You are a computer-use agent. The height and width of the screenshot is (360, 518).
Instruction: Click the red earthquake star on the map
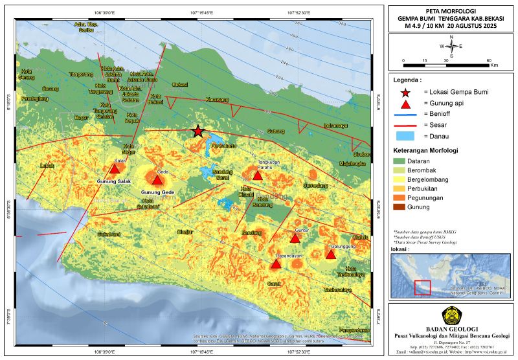click(x=197, y=131)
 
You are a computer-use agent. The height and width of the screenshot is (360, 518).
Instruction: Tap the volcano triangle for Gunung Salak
click(x=114, y=170)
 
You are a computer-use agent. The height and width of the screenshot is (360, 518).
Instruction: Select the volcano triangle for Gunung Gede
click(x=157, y=179)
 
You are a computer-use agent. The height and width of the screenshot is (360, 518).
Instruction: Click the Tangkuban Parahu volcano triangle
click(x=257, y=175)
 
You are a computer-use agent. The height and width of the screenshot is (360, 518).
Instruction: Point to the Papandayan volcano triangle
click(x=276, y=264)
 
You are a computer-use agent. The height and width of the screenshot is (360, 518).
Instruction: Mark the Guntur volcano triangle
click(x=295, y=238)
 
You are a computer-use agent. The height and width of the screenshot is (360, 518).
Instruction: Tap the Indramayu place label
click(x=339, y=125)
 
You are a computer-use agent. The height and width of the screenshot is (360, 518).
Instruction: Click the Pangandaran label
click(x=354, y=321)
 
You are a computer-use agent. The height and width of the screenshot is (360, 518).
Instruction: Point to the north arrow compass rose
click(x=452, y=46)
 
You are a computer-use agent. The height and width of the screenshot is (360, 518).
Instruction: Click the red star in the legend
click(x=405, y=92)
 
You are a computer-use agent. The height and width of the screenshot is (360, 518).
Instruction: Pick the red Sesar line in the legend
click(x=405, y=125)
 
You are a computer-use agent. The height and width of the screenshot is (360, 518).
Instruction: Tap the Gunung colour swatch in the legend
click(x=405, y=207)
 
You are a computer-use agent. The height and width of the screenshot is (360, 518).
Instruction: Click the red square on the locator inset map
click(x=422, y=286)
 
